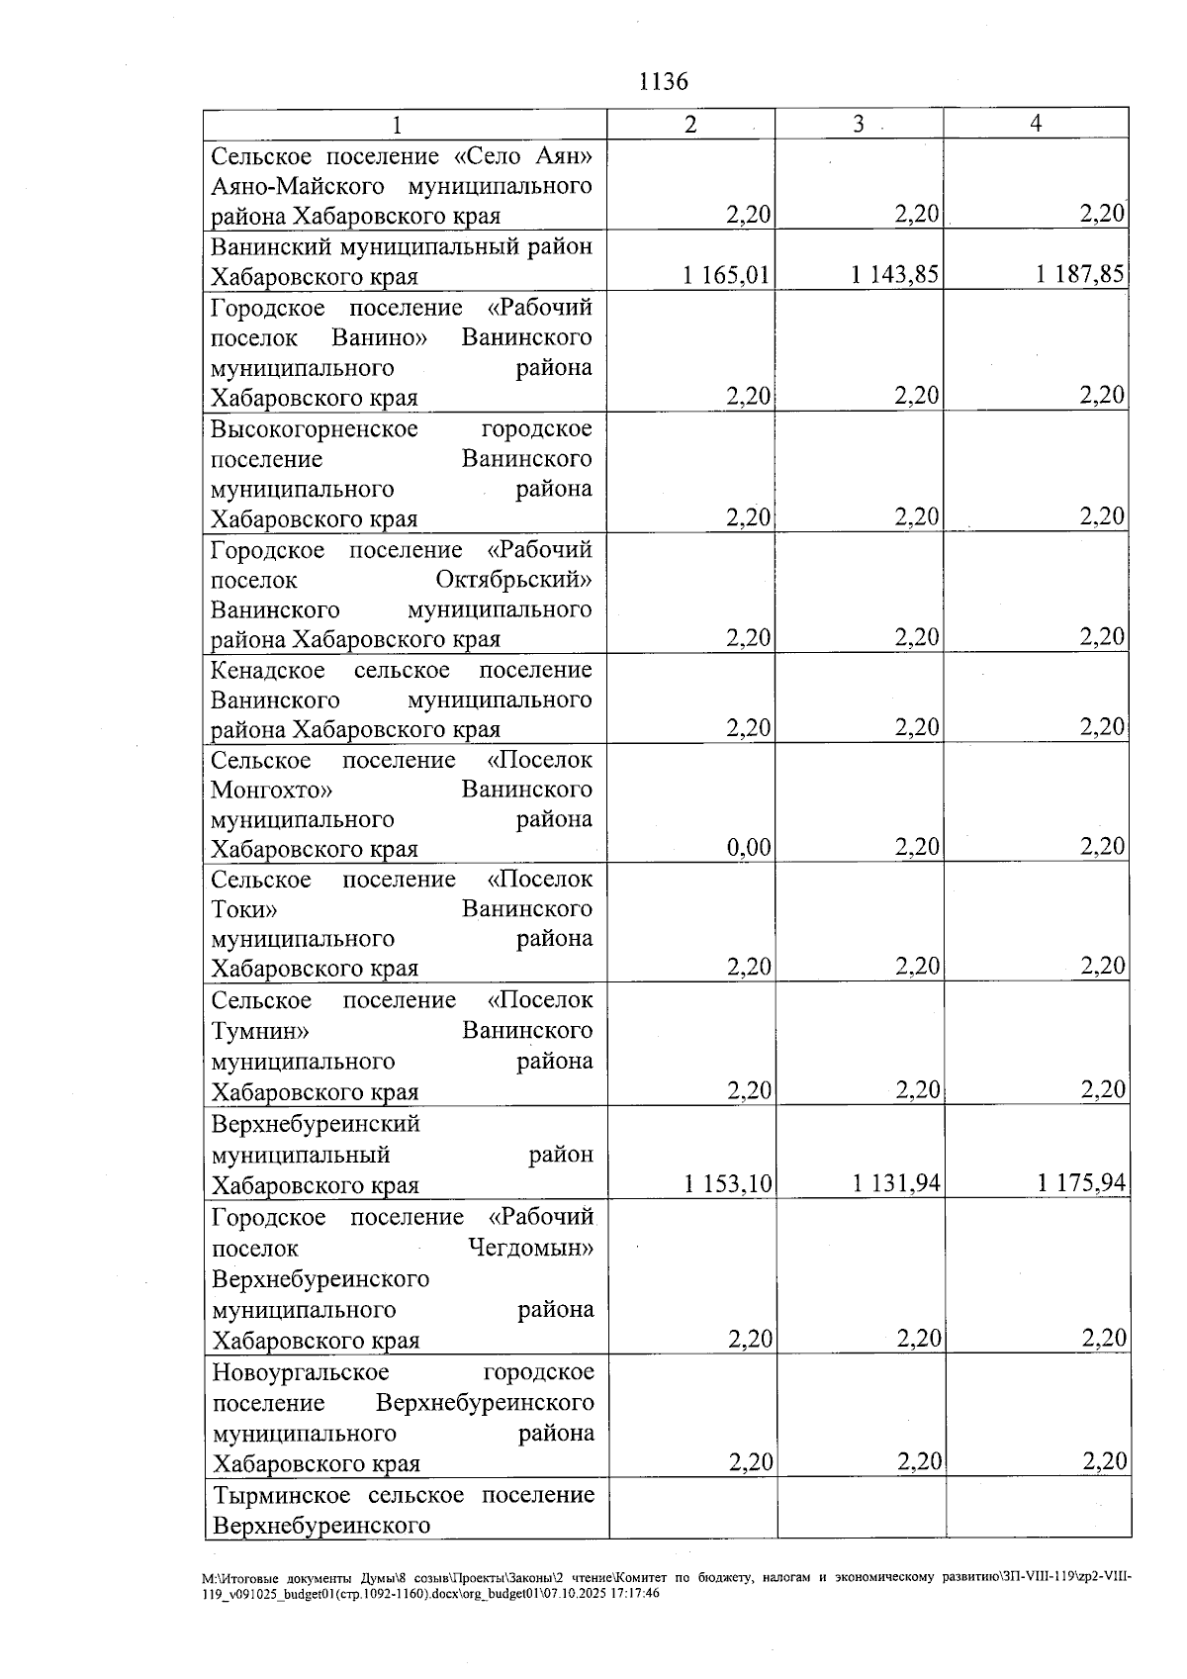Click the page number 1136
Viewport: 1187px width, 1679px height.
pyautogui.click(x=664, y=81)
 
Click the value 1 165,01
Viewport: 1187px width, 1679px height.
pyautogui.click(x=726, y=274)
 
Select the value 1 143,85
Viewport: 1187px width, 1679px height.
pyautogui.click(x=895, y=274)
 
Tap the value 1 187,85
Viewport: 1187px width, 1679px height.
pyautogui.click(x=1080, y=274)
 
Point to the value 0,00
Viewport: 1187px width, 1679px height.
pyautogui.click(x=749, y=847)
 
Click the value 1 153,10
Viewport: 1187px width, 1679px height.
pyautogui.click(x=728, y=1183)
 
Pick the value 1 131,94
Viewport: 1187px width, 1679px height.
pyautogui.click(x=896, y=1183)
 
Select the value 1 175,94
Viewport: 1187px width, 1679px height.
pyautogui.click(x=1082, y=1183)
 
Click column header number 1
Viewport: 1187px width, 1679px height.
pyautogui.click(x=397, y=125)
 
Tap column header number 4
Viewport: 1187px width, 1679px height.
pyautogui.click(x=1036, y=124)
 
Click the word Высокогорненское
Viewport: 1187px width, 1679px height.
pyautogui.click(x=315, y=428)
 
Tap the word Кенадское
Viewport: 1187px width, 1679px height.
pyautogui.click(x=268, y=670)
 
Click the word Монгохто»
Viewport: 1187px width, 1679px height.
pyautogui.click(x=272, y=791)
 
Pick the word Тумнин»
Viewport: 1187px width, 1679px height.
pyautogui.click(x=260, y=1031)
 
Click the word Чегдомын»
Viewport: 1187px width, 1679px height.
pyautogui.click(x=530, y=1248)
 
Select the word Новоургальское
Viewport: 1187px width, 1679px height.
pyautogui.click(x=301, y=1373)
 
